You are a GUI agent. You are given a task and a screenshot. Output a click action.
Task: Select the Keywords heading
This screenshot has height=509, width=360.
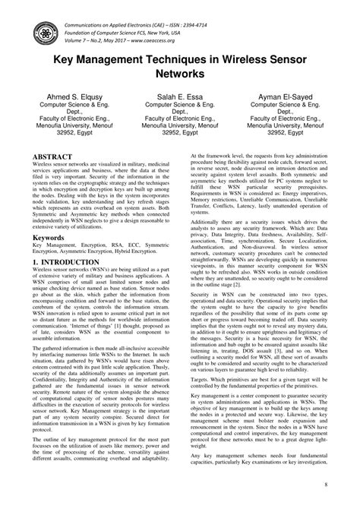point(47,237)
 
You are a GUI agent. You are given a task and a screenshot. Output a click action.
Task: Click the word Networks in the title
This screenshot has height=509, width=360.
point(180,74)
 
